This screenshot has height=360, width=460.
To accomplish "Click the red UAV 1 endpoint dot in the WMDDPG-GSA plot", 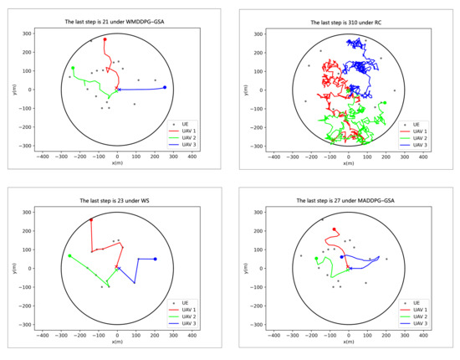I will pos(105,39).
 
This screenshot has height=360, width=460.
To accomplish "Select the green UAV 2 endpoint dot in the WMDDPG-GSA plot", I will pos(73,68).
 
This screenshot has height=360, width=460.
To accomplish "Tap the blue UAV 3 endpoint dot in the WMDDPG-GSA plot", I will pos(165,87).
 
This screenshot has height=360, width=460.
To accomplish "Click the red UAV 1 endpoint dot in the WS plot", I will pos(91,220).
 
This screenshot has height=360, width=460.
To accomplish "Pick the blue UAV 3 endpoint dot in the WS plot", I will pos(155,259).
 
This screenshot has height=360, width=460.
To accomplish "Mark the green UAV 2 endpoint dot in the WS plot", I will pos(70,255).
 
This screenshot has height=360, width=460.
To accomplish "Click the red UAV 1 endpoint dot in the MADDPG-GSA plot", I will pos(335,229).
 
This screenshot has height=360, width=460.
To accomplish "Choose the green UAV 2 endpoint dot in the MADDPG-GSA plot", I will pos(316,259).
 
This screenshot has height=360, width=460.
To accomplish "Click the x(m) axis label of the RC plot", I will pos(349,163).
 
